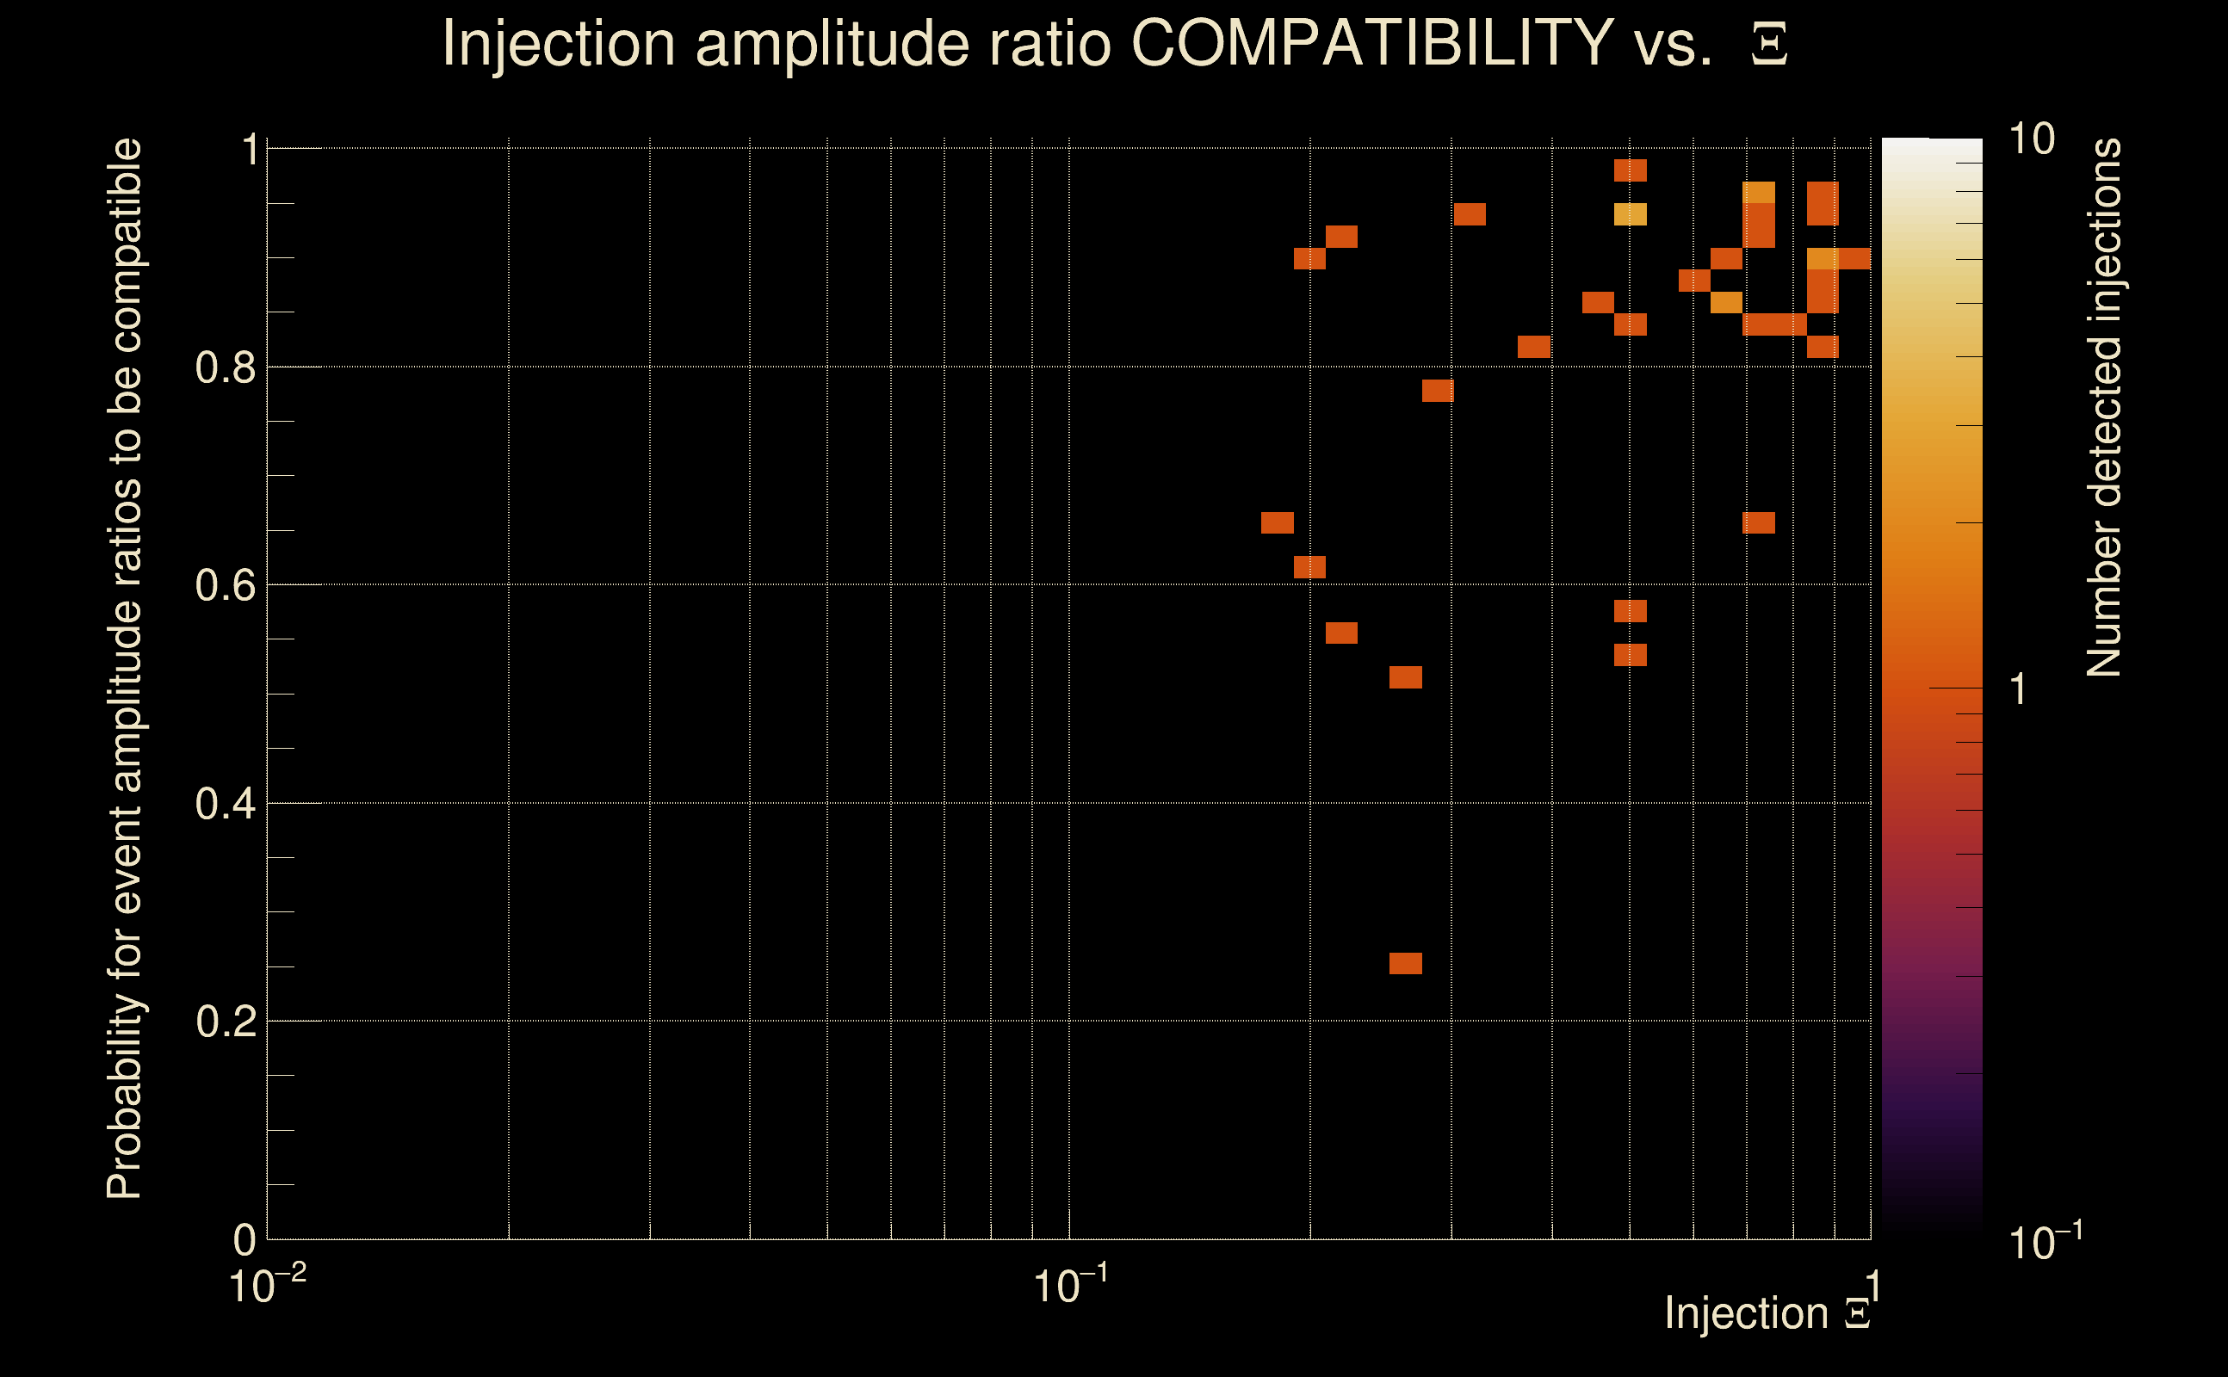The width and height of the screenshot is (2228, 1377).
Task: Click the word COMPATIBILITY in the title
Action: pos(1371,43)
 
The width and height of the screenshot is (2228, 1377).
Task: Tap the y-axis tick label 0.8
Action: pos(225,368)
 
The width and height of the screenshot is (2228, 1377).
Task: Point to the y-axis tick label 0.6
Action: pos(225,585)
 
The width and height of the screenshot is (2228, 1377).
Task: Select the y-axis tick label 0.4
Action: pos(225,804)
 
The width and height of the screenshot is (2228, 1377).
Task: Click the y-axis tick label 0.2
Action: pos(225,1022)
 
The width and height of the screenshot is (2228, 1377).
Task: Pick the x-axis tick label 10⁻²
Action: pos(267,1285)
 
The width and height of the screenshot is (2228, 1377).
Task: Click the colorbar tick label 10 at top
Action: pos(2031,139)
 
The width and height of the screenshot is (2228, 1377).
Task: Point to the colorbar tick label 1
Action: pos(2019,689)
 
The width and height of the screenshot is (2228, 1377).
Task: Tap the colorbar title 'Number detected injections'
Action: pos(2104,408)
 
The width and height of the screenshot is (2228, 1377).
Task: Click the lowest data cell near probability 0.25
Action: pos(1406,964)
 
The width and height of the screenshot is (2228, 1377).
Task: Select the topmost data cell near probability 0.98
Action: pos(1631,170)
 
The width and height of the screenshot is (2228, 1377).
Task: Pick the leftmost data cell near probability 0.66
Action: pos(1277,522)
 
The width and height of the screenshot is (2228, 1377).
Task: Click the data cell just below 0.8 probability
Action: pos(1439,391)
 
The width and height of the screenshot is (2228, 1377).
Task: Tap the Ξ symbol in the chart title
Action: pos(1769,44)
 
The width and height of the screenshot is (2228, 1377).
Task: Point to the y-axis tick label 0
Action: pos(244,1240)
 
